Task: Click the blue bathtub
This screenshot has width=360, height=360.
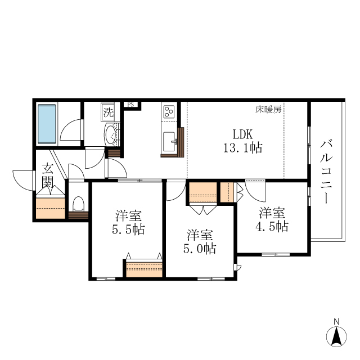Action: click(x=48, y=122)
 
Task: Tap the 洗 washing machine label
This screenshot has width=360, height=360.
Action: click(x=108, y=112)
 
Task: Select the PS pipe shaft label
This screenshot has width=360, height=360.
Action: click(x=130, y=105)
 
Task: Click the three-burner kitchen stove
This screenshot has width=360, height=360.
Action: click(x=169, y=111)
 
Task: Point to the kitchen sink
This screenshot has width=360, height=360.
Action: click(x=168, y=139)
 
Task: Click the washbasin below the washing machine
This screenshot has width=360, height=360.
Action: click(x=111, y=134)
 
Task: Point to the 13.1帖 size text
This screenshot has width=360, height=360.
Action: click(x=243, y=148)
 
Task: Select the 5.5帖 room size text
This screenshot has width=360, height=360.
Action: click(x=128, y=229)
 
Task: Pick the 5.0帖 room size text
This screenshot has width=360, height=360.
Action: click(x=200, y=247)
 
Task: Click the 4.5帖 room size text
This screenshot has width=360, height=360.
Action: click(x=272, y=227)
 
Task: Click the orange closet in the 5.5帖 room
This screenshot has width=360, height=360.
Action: click(x=144, y=269)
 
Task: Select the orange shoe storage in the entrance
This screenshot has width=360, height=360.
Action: click(x=51, y=208)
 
